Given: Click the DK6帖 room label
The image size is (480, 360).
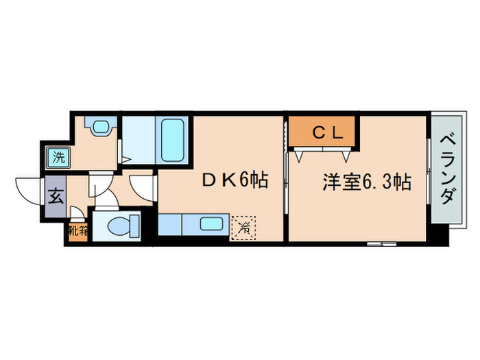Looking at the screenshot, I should click(x=233, y=180).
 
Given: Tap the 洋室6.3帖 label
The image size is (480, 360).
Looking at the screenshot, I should click(x=367, y=182).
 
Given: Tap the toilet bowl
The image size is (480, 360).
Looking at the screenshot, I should click(x=125, y=225).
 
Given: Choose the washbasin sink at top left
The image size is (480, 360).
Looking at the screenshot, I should click(x=100, y=128).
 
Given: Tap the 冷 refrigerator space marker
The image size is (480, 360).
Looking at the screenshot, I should click(x=245, y=227).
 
